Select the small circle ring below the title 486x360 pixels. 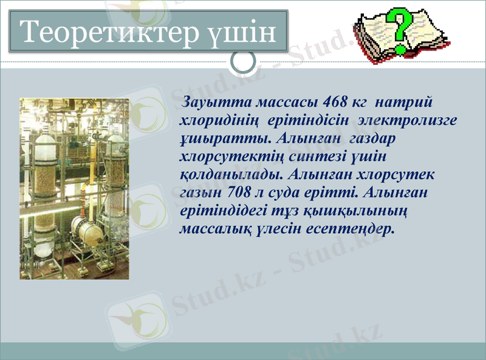245,62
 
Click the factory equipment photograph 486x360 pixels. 74,188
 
